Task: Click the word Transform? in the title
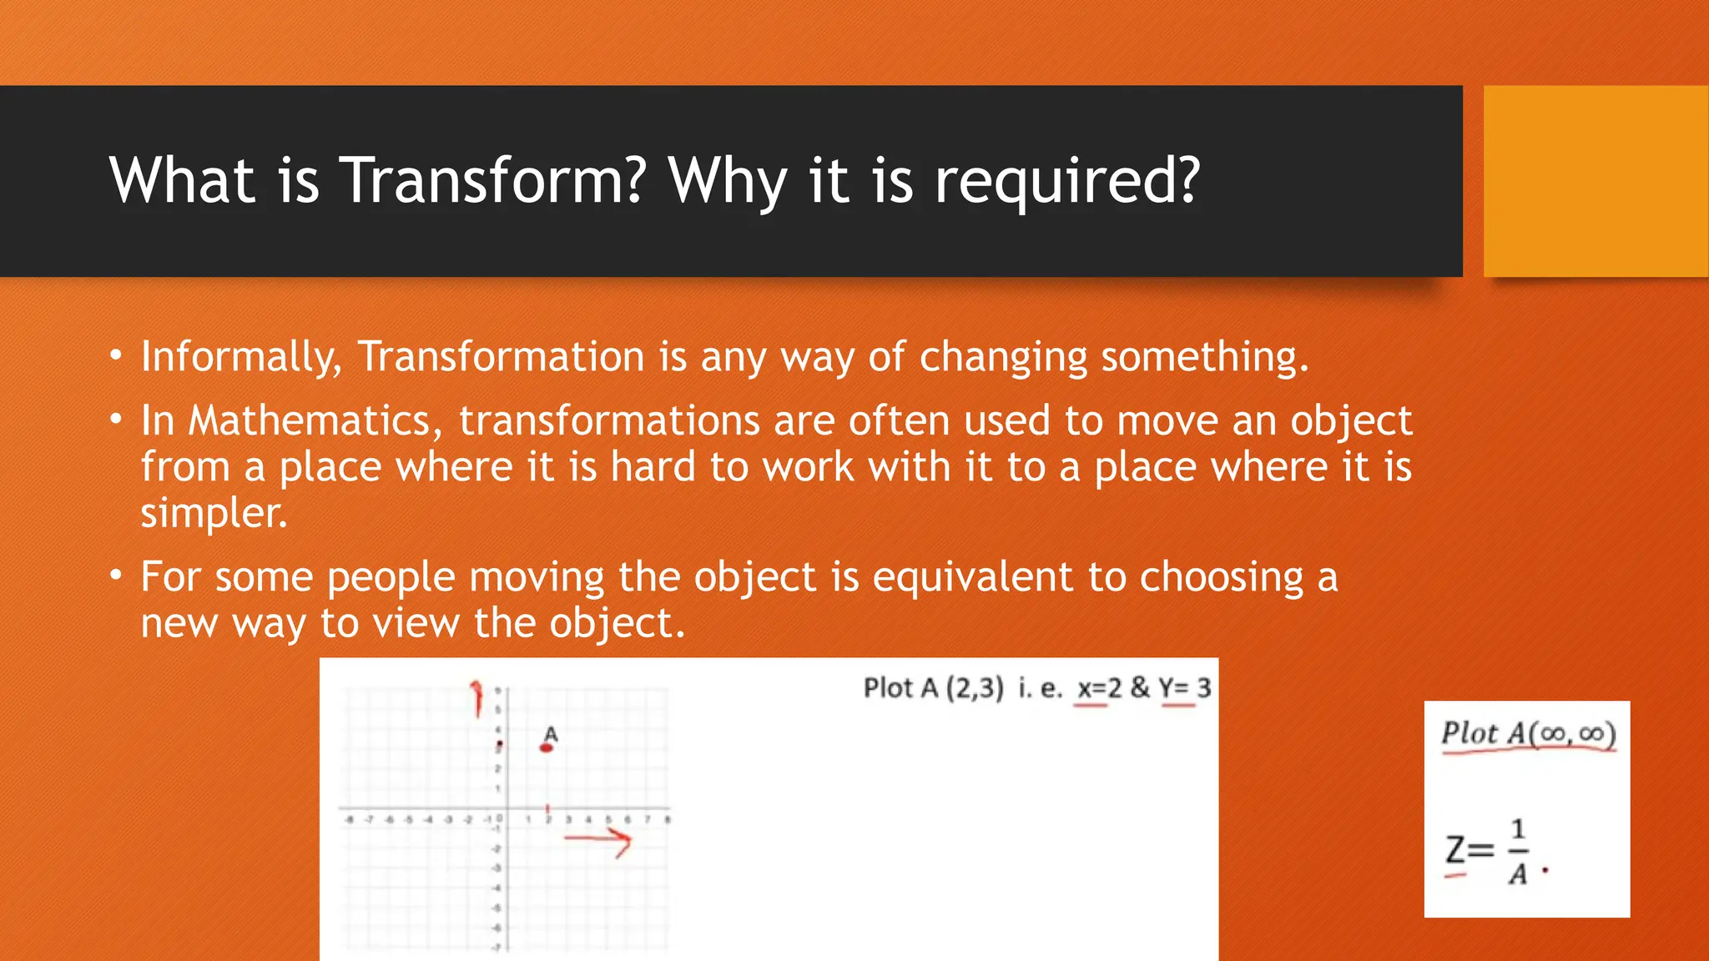[x=494, y=180]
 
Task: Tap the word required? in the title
[x=1066, y=182]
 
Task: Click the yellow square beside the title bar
[x=1596, y=181]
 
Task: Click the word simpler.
[x=214, y=512]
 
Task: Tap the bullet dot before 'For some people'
[x=117, y=576]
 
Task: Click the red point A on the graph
[x=547, y=747]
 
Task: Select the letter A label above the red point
[x=550, y=733]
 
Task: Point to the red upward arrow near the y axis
[x=476, y=697]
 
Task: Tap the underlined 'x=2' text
[x=1098, y=688]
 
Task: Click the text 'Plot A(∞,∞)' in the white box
[x=1528, y=733]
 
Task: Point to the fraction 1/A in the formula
[x=1518, y=851]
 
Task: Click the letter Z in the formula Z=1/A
[x=1455, y=850]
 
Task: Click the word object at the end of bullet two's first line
[x=1351, y=420]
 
